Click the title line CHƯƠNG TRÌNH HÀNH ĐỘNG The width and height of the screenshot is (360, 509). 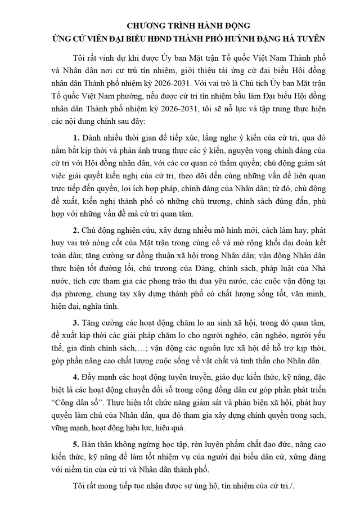tap(180, 26)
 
